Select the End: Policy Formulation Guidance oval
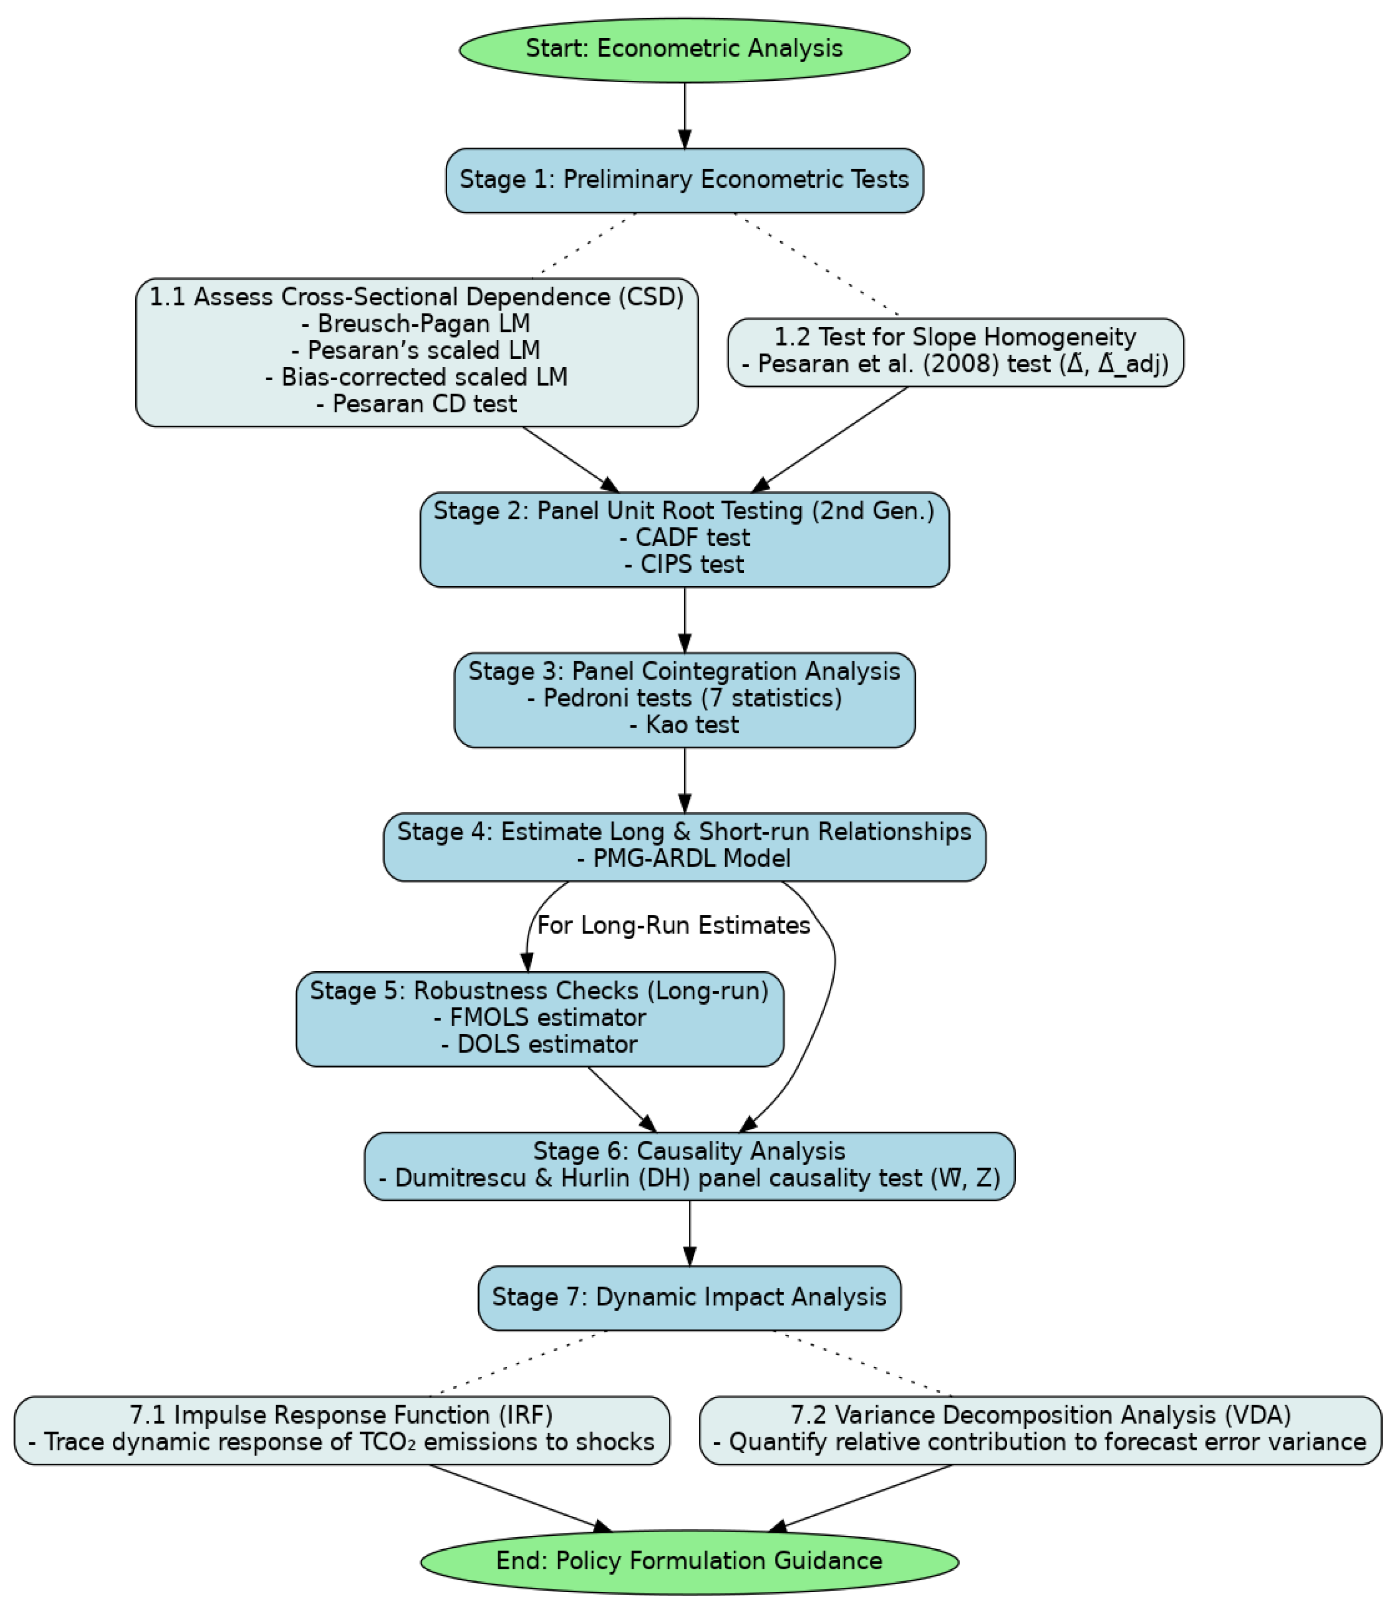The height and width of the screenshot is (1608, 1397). point(689,1561)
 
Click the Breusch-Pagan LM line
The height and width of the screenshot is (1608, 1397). point(416,323)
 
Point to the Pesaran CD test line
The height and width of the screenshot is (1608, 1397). point(416,404)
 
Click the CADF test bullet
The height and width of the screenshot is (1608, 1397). point(685,538)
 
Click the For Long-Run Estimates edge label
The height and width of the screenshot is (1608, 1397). point(674,925)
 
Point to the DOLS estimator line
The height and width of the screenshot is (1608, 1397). point(539,1044)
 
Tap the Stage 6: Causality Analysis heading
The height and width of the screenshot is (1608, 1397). point(689,1151)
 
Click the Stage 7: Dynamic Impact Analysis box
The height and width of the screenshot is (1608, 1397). point(689,1297)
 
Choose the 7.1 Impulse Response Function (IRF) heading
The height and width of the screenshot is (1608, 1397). point(342,1415)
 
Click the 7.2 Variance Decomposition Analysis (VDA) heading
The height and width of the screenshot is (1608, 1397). point(1040,1415)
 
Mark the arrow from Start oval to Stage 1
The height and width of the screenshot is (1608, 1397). point(685,115)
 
